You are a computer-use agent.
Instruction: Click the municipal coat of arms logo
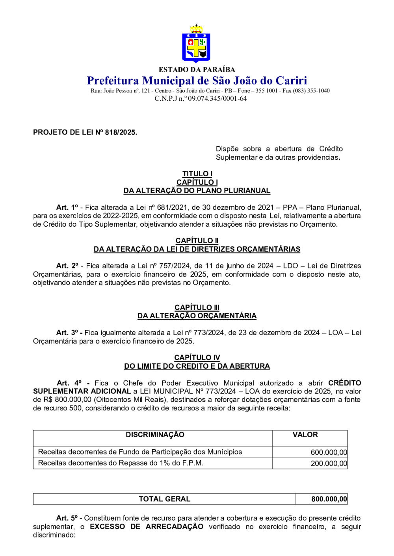pyautogui.click(x=196, y=44)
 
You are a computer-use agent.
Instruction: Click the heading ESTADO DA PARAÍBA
pyautogui.click(x=197, y=70)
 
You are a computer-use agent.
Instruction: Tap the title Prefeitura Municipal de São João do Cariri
pyautogui.click(x=197, y=81)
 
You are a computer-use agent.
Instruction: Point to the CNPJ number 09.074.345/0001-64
pyautogui.click(x=217, y=98)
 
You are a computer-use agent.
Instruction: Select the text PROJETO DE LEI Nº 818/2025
pyautogui.click(x=85, y=132)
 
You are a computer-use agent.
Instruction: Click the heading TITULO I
pyautogui.click(x=197, y=174)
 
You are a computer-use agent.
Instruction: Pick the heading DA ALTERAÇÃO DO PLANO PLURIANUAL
pyautogui.click(x=197, y=190)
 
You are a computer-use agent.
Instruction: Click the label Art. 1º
pyautogui.click(x=67, y=207)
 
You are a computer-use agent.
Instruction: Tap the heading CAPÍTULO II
pyautogui.click(x=197, y=240)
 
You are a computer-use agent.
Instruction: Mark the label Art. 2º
pyautogui.click(x=67, y=266)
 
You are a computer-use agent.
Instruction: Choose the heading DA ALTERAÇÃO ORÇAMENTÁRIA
pyautogui.click(x=197, y=316)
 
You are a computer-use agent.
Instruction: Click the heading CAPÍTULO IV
pyautogui.click(x=197, y=357)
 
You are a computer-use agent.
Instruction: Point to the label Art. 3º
pyautogui.click(x=67, y=332)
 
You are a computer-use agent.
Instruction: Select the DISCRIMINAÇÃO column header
pyautogui.click(x=155, y=434)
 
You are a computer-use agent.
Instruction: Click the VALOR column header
pyautogui.click(x=305, y=434)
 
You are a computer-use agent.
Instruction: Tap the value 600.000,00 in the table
pyautogui.click(x=329, y=453)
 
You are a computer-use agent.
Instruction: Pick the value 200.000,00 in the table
pyautogui.click(x=329, y=464)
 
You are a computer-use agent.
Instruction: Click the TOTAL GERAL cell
pyautogui.click(x=164, y=499)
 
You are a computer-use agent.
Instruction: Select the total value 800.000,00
pyautogui.click(x=329, y=499)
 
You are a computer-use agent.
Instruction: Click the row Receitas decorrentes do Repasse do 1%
pyautogui.click(x=121, y=463)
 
